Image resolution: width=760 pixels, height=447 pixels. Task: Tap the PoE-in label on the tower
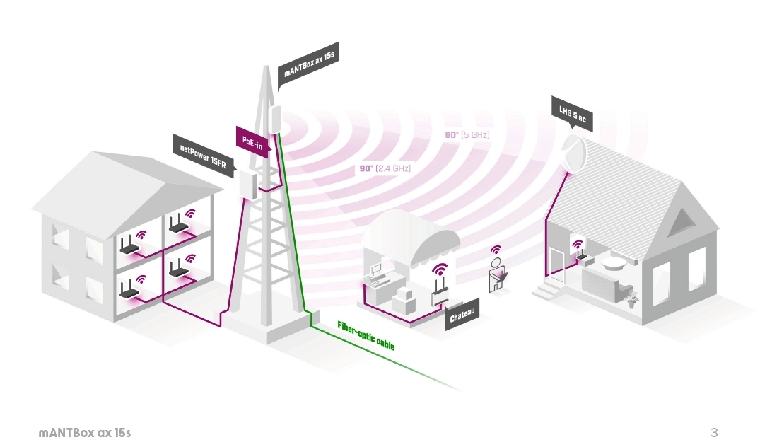click(252, 140)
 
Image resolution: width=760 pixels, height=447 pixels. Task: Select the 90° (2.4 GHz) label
click(385, 168)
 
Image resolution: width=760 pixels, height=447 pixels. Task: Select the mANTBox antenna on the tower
click(274, 117)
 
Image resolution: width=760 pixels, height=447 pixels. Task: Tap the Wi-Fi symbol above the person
click(496, 250)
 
